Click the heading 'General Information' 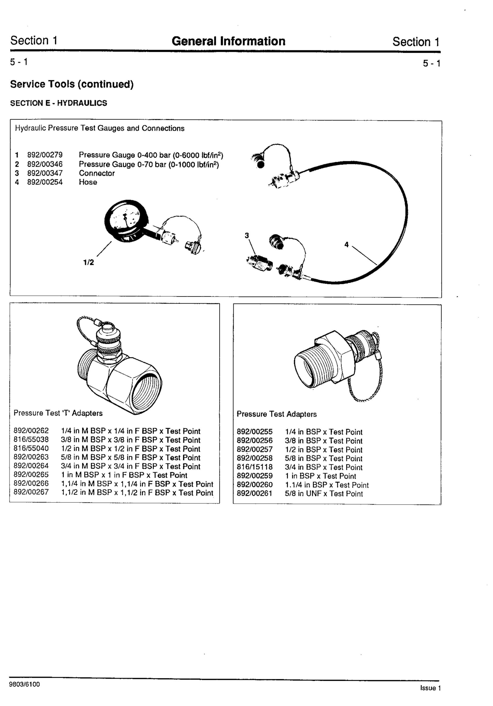click(x=228, y=41)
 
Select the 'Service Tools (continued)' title click(x=72, y=84)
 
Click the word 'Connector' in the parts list click(x=96, y=173)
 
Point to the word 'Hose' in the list click(x=88, y=182)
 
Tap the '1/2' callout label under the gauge click(x=88, y=262)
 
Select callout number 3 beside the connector click(x=247, y=235)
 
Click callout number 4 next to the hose click(x=347, y=245)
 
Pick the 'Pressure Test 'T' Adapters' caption click(x=58, y=413)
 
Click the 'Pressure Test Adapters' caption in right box click(x=277, y=414)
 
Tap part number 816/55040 click(x=31, y=449)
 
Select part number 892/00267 click(x=31, y=492)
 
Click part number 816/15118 click(x=255, y=467)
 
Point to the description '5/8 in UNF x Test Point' click(x=324, y=493)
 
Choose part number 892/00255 click(x=255, y=432)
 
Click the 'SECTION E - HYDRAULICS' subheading click(x=59, y=103)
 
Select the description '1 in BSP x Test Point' click(x=321, y=476)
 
